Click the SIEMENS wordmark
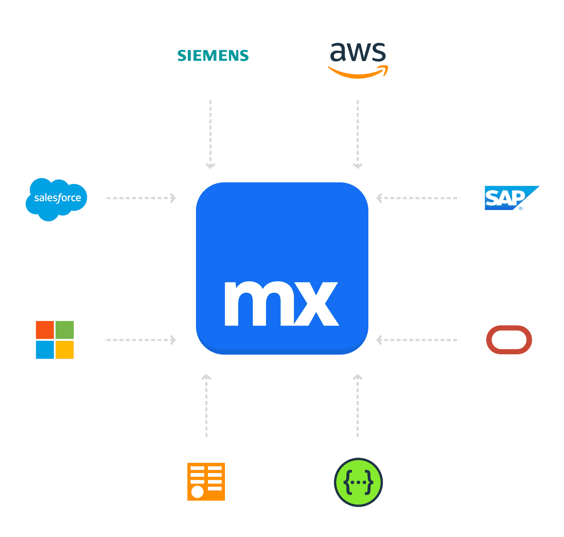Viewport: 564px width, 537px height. coord(213,56)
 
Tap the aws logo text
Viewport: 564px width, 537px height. coord(358,52)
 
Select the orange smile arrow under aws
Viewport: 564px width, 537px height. coord(358,72)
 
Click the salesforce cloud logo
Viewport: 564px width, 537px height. coord(57,199)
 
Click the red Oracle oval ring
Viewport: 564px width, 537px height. coord(509,340)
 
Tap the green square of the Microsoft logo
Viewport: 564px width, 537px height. coord(65,330)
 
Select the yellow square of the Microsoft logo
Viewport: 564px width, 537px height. coord(65,350)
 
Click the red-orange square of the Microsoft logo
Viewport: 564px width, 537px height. coord(45,330)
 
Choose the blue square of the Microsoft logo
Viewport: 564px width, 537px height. coord(45,350)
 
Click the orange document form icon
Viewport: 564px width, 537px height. coord(206,481)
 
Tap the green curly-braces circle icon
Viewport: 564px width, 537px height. coord(358,482)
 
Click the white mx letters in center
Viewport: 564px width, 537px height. coord(281,303)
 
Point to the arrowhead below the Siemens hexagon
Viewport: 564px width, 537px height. coord(210,166)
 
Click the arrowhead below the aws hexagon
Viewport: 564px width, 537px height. coord(358,166)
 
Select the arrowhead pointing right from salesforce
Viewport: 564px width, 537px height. coord(173,198)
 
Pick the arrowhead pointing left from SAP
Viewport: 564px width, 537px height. coord(379,198)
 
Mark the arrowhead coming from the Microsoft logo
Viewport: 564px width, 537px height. coord(173,340)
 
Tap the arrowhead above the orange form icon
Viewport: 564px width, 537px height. coord(206,377)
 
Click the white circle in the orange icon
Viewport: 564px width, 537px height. coord(197,492)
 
